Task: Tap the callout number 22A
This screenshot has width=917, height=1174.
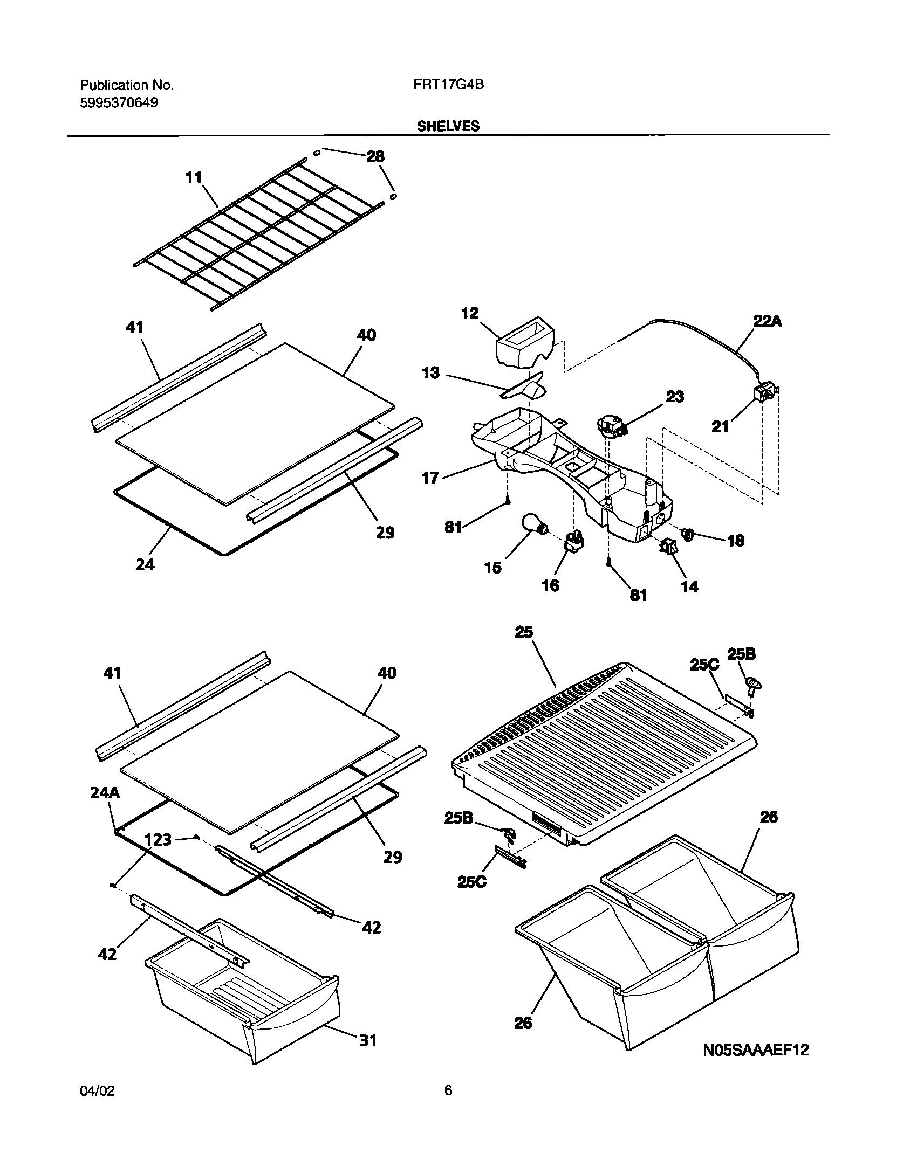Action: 767,321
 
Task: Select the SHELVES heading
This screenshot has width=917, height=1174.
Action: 448,126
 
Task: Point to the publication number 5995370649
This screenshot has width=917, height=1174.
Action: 119,102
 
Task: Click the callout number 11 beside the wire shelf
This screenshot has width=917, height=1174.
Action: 193,177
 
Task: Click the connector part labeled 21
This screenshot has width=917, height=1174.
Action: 765,395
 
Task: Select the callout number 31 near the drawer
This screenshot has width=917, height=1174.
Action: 368,1040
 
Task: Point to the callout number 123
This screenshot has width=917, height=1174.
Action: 158,839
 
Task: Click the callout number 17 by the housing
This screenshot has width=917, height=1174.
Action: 430,478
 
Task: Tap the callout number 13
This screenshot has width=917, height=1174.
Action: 431,373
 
